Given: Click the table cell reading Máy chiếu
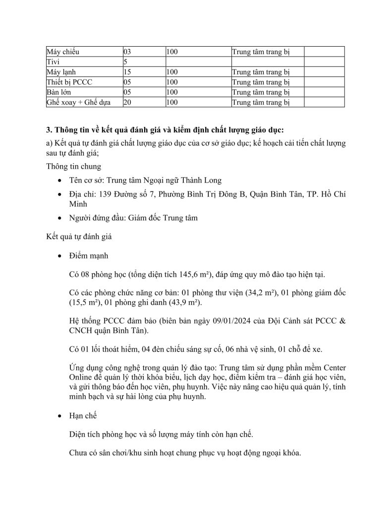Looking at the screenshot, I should click(62, 52).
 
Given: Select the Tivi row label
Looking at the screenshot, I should click(53, 62).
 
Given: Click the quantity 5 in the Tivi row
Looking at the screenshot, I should click(125, 62).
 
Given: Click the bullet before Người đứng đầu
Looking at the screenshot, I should click(60, 218).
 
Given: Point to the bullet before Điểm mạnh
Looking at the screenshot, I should click(60, 256).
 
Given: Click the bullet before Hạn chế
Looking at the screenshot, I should click(60, 416).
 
